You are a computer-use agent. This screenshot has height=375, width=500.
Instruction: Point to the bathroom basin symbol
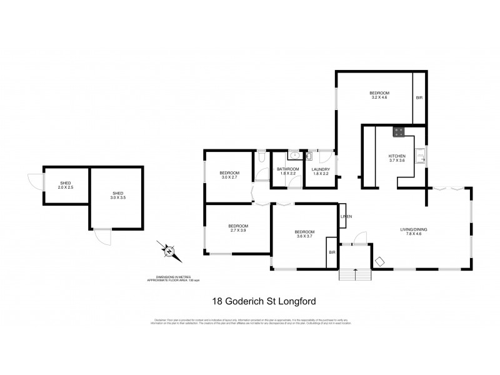coord(294,156)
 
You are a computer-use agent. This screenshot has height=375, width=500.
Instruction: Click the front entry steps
coord(354,274)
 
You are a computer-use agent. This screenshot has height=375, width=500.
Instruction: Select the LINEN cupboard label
coord(346,216)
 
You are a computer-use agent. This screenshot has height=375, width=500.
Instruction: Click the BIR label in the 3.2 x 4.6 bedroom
coord(419,98)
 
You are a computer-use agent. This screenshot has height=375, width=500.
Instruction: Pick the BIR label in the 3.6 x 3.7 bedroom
coord(331,253)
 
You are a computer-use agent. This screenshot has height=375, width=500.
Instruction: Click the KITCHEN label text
coord(397,156)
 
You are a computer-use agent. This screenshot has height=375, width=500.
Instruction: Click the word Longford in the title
coord(298,301)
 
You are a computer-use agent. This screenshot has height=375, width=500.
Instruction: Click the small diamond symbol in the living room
coord(379,261)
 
